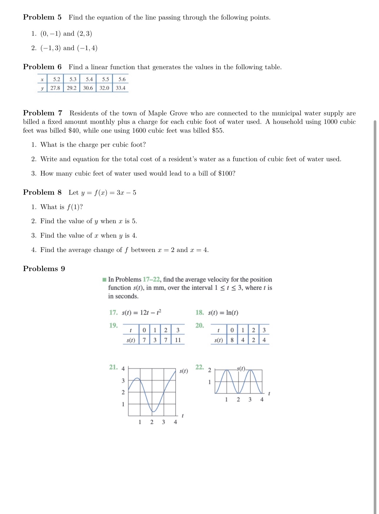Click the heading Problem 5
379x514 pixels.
pyautogui.click(x=42, y=17)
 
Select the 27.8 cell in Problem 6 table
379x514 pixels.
pyautogui.click(x=55, y=88)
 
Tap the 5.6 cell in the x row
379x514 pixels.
pyautogui.click(x=122, y=79)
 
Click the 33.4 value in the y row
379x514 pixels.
pyautogui.click(x=120, y=88)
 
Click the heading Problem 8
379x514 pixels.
pyautogui.click(x=42, y=192)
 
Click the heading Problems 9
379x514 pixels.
pyautogui.click(x=44, y=269)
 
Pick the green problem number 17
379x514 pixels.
pyautogui.click(x=113, y=312)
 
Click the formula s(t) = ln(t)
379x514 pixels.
pyautogui.click(x=223, y=313)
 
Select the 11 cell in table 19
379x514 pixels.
pyautogui.click(x=178, y=340)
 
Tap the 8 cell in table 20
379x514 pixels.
pyautogui.click(x=232, y=340)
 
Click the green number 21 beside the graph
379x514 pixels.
pyautogui.click(x=113, y=367)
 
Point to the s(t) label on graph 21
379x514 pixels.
pyautogui.click(x=184, y=371)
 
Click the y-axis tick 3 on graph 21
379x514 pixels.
pyautogui.click(x=123, y=381)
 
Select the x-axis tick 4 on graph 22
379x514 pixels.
pyautogui.click(x=262, y=400)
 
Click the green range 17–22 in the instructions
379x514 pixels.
pyautogui.click(x=151, y=279)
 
